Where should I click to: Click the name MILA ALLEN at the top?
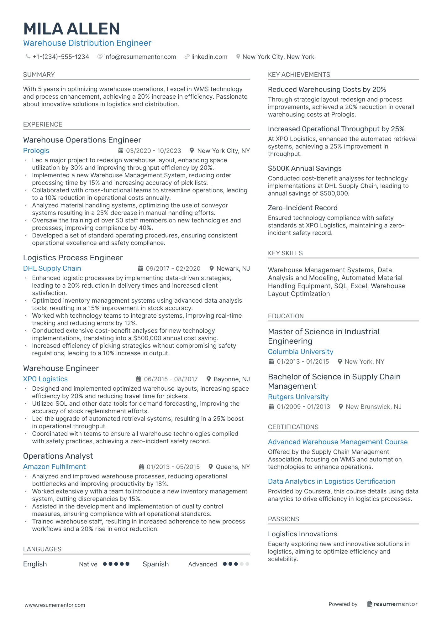click(71, 29)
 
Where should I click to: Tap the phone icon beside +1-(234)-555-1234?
click(28, 57)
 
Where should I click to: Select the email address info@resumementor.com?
click(140, 57)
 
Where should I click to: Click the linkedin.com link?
click(209, 57)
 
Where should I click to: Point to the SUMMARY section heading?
click(39, 75)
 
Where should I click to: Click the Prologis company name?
click(36, 151)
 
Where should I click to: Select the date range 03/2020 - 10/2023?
click(153, 151)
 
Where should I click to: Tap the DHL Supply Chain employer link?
click(52, 268)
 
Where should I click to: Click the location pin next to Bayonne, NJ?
click(208, 379)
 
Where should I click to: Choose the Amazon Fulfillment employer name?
click(54, 467)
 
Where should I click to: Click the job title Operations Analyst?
click(58, 456)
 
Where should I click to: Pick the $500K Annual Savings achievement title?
click(304, 169)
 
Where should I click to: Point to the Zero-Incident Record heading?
click(303, 208)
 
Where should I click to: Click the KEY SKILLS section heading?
click(285, 253)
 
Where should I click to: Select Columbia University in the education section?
click(300, 352)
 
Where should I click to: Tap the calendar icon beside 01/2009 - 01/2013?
click(271, 407)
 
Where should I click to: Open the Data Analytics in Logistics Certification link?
click(331, 482)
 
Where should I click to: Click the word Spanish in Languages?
click(155, 564)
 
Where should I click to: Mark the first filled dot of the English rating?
click(105, 564)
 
